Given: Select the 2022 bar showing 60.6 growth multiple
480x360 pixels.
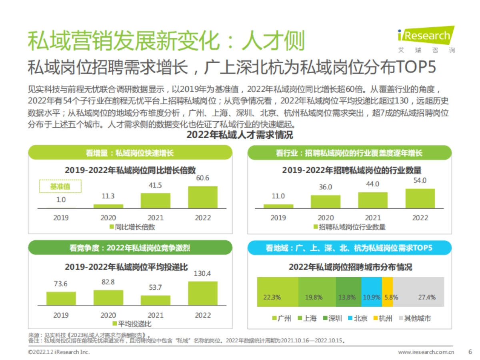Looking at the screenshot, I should pos(202,197).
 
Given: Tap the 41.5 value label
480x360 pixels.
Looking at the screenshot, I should pos(155,185).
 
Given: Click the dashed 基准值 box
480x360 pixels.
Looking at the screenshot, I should pos(60,186).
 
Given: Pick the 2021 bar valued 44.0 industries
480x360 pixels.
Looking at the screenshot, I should pos(373,200).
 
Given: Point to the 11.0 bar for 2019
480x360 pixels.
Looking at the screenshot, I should pos(278,206).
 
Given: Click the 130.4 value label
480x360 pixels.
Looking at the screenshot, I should pos(203,274).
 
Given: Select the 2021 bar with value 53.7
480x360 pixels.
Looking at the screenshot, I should pos(155,300).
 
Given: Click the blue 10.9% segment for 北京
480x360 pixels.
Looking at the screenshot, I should pos(372,292).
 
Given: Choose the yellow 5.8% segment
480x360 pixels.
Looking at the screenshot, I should pos(388,292).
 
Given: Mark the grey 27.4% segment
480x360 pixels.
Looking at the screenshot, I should pos(418,292).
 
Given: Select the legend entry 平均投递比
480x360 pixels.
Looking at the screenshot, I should pos(132,324).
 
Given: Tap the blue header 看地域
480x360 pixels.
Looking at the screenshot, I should pos(349,248).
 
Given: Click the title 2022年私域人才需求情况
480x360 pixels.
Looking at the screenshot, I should pos(240,135).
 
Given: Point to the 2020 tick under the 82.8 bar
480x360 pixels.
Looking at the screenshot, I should pos(108,315).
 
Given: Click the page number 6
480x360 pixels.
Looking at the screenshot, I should pos(470,352).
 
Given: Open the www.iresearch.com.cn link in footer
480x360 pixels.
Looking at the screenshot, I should pos(426,352).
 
